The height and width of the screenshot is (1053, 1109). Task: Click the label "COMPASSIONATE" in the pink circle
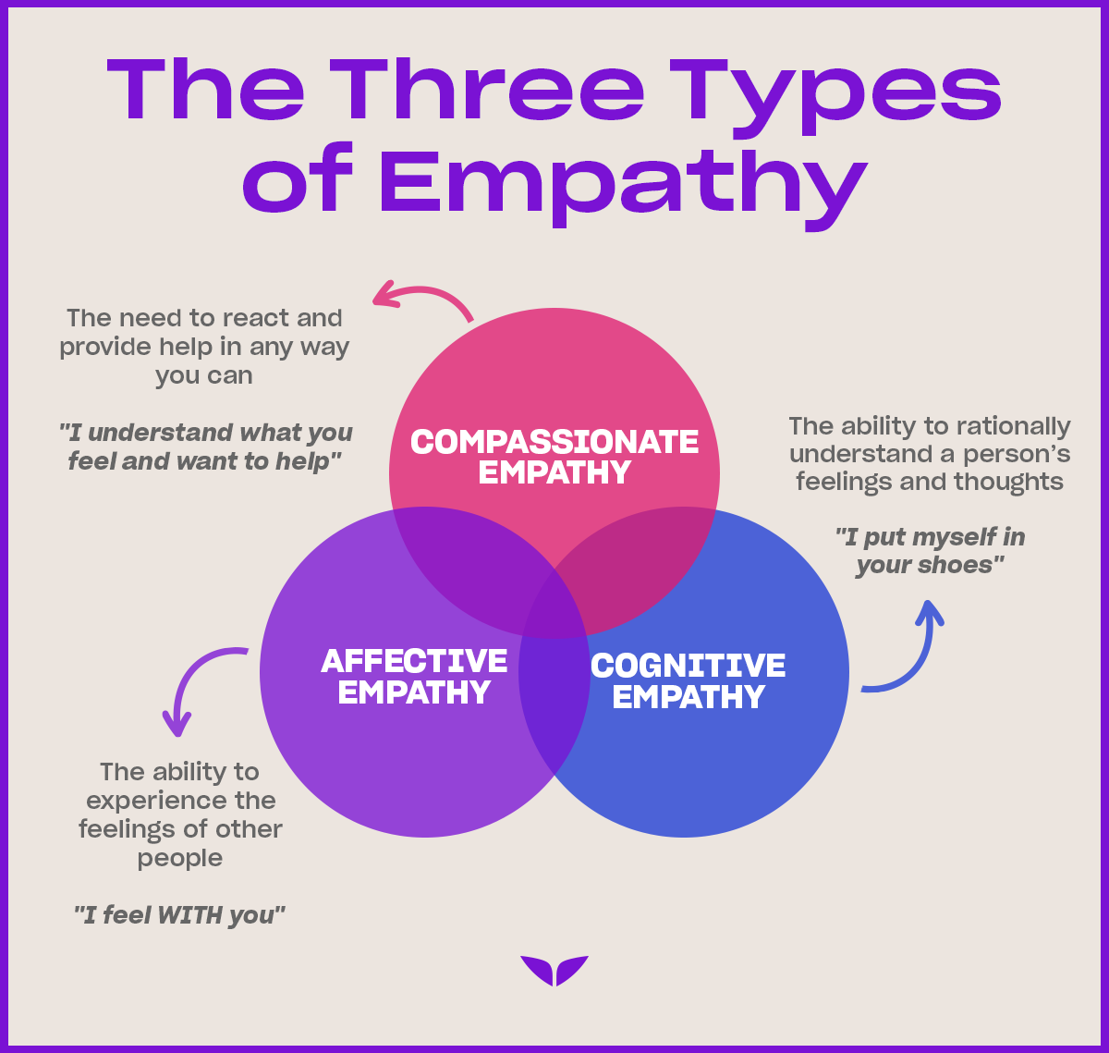tap(554, 442)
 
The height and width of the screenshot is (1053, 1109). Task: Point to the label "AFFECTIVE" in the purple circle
tap(414, 661)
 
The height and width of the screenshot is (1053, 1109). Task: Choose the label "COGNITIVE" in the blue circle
tap(689, 666)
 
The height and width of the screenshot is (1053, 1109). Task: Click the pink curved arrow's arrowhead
tap(380, 298)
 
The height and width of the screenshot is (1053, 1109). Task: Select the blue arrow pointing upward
tap(929, 612)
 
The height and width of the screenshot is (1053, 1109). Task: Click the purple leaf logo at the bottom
tap(554, 970)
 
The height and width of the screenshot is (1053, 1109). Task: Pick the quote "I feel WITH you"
tap(179, 915)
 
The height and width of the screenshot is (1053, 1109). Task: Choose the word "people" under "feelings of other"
tap(180, 858)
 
